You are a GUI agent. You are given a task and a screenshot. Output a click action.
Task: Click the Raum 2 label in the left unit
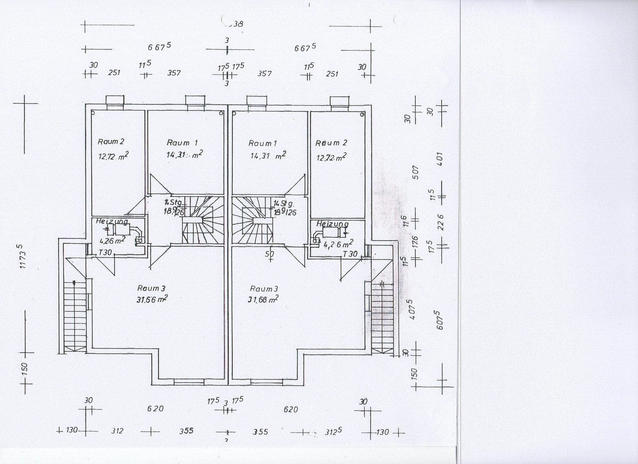click(111, 141)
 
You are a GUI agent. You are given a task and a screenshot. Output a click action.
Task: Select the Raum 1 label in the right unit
click(262, 143)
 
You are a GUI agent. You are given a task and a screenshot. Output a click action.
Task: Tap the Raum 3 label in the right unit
click(264, 289)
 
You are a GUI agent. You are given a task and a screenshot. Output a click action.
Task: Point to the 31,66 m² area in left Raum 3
click(152, 299)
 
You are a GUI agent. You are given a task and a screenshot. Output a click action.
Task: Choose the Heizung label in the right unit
click(332, 224)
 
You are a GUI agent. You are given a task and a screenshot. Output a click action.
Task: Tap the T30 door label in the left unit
click(105, 253)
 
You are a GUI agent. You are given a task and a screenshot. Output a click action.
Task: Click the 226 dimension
click(439, 223)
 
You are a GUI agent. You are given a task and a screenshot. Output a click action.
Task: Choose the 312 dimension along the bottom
click(117, 431)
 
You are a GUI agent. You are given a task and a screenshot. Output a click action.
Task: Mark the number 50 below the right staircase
click(269, 254)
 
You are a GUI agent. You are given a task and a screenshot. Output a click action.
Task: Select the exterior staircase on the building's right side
click(382, 316)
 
